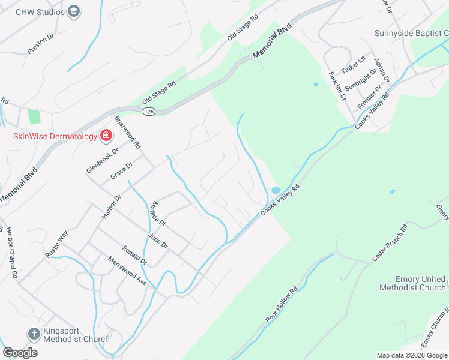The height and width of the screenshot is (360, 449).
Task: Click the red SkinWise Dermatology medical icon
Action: click(106, 136)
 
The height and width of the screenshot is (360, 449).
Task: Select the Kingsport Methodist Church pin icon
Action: click(34, 334)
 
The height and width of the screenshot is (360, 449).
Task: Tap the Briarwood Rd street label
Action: click(128, 131)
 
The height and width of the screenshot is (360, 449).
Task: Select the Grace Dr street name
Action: click(121, 171)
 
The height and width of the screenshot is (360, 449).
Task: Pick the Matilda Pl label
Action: click(157, 213)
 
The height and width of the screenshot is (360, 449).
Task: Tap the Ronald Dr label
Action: click(134, 254)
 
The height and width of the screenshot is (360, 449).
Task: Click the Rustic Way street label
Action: click(57, 245)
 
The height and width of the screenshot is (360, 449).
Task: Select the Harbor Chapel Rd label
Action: click(10, 253)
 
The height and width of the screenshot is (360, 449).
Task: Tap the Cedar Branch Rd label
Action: click(390, 242)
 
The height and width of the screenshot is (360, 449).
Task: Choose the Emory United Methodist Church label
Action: click(412, 283)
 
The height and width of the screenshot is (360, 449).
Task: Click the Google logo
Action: click(20, 352)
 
